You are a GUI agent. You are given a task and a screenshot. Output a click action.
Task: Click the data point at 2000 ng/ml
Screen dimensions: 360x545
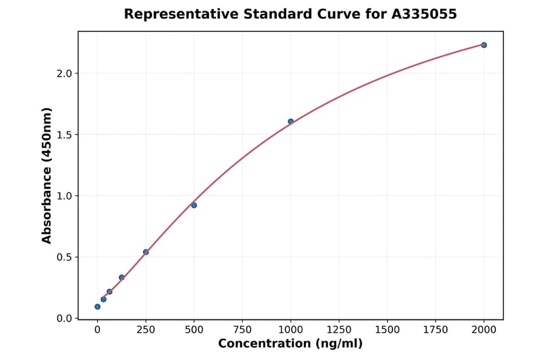coord(484,45)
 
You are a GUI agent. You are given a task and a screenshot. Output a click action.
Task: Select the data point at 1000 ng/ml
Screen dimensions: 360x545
coord(291,121)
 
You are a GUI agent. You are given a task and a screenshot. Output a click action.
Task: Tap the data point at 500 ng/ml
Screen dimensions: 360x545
coord(194,205)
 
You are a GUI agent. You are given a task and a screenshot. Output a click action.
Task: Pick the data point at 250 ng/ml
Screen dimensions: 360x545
coord(146,252)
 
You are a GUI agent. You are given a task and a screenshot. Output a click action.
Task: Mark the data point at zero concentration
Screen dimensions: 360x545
coord(97,307)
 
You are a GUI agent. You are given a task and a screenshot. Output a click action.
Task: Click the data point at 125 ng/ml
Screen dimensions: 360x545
coord(122,277)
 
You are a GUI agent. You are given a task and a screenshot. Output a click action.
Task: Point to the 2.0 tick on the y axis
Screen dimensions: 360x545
coord(64,73)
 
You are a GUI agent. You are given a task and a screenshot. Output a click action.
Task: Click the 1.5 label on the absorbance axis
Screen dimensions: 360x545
coord(64,135)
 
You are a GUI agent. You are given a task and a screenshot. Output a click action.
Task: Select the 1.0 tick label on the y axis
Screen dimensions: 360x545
coord(64,196)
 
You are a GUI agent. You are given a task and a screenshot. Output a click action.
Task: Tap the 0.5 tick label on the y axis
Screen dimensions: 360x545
coord(64,257)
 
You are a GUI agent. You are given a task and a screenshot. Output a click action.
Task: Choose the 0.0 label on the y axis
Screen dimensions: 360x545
coord(64,318)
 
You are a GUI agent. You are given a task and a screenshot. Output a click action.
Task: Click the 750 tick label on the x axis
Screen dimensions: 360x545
coord(242,330)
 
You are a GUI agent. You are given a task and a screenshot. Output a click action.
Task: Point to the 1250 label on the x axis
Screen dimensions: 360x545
coord(339,330)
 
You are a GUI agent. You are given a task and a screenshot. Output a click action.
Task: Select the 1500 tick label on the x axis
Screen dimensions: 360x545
coord(388,330)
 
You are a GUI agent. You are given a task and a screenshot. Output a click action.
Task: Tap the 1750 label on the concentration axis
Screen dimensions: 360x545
coord(435,330)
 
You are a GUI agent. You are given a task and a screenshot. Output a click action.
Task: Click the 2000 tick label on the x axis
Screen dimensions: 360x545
coord(484,330)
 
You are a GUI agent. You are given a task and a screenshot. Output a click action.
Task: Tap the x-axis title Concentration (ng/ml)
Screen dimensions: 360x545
coord(290,344)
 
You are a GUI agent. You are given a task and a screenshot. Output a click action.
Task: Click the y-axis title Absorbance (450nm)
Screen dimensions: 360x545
coord(47,175)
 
